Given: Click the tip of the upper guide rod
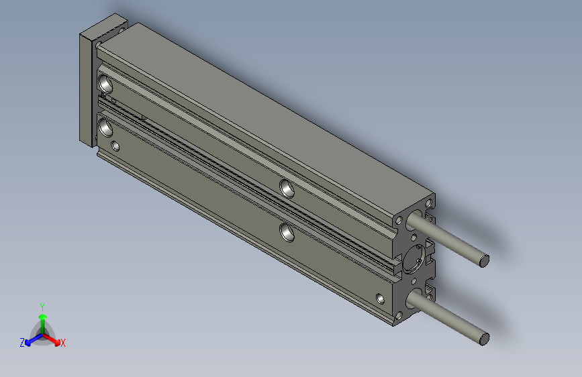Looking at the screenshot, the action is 484,261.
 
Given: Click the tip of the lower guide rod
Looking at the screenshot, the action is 484,339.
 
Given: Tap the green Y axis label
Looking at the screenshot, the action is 42,307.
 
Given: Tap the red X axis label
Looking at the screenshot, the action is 62,343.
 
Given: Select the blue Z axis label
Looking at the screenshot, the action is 22,343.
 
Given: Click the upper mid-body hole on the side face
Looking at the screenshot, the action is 287,188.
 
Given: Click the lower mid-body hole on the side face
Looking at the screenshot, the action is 287,232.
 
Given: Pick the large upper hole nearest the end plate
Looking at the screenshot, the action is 105,83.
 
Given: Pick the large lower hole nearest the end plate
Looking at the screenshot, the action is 105,127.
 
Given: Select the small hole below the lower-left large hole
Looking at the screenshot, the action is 115,146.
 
